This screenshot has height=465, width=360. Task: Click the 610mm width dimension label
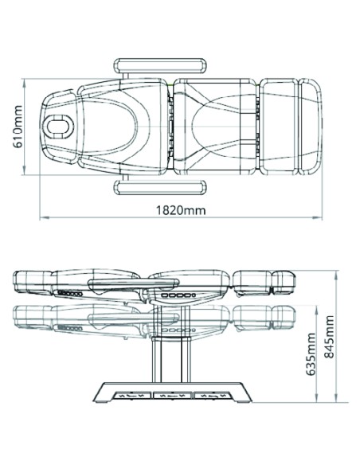pos(18,127)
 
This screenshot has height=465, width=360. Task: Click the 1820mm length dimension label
pos(181,210)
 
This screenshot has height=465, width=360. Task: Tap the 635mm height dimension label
pos(311,354)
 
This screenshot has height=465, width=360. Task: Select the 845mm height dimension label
pos(329,337)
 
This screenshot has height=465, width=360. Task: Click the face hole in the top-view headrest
pos(60,127)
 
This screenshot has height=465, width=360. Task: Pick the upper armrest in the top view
pos(160,66)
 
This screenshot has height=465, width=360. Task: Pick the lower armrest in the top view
pos(160,187)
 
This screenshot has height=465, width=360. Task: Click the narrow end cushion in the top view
pos(310,127)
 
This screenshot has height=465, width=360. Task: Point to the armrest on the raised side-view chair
pos(134,283)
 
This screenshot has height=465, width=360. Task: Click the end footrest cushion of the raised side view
pos(284,282)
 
